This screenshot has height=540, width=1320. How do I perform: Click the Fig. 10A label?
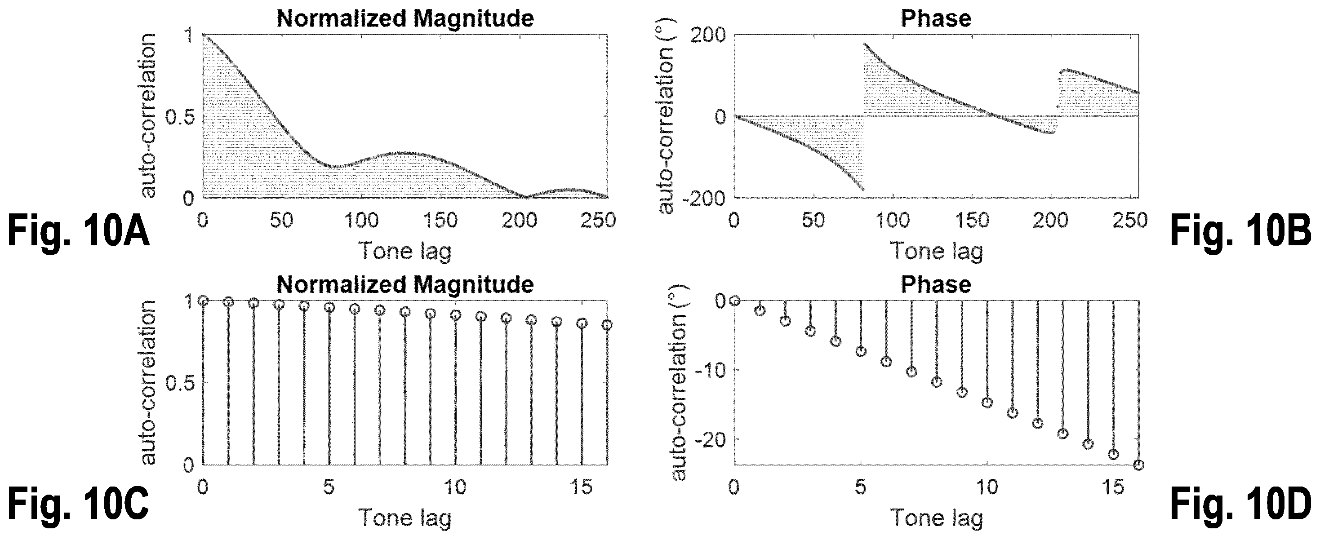coord(78,232)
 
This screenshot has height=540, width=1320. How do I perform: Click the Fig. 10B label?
coord(1240,232)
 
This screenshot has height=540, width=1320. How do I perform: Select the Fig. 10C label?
coord(78,504)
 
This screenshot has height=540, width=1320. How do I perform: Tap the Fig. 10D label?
coord(1240,504)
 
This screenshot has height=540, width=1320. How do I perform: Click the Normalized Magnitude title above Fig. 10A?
coord(405,19)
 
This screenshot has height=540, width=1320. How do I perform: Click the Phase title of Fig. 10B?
coord(936,19)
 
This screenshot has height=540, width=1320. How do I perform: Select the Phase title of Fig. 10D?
coord(936,285)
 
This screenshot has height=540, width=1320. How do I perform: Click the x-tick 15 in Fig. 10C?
coord(581,487)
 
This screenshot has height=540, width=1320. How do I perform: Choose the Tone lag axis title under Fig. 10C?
coord(405,518)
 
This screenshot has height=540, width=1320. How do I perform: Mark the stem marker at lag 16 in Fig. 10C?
coord(607,325)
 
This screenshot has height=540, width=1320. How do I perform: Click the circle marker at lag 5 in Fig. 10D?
coord(861,351)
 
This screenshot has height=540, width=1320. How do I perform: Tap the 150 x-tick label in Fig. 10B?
coord(972,220)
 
